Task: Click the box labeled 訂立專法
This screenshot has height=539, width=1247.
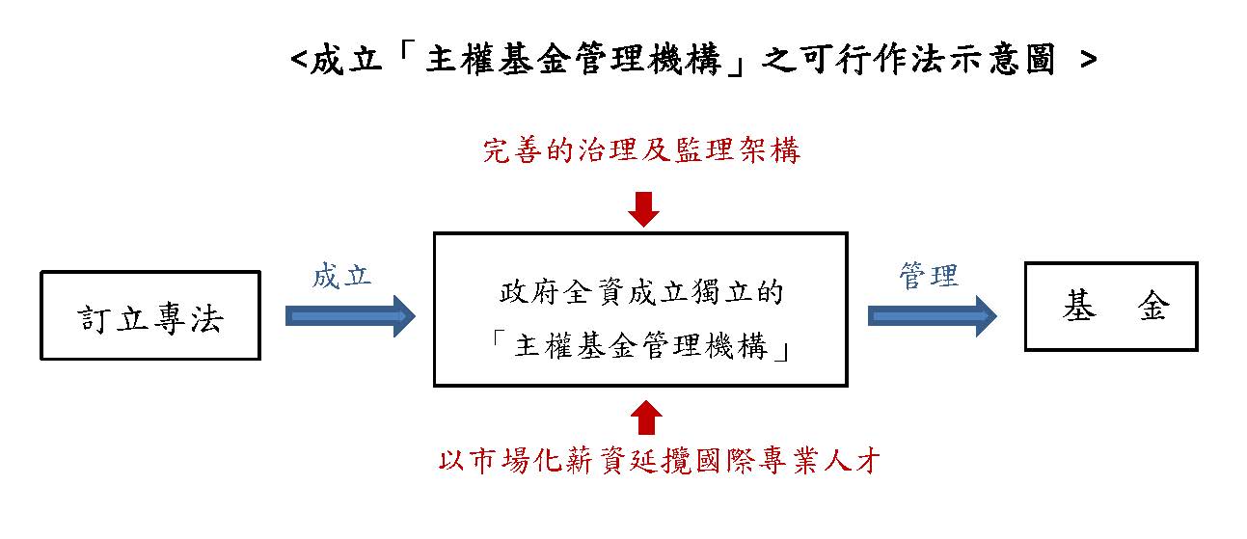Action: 150,315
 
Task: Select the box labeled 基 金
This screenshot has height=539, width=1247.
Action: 1110,307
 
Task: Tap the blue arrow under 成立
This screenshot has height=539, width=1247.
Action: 350,316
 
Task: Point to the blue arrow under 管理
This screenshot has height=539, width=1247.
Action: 933,315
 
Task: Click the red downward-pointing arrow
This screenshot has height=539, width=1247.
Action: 642,208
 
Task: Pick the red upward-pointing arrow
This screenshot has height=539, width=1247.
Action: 644,418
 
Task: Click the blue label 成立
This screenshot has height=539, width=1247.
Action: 342,276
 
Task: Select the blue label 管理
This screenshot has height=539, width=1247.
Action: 928,276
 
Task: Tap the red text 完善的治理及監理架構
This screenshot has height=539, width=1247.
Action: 641,150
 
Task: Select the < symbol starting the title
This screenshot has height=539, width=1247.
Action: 299,61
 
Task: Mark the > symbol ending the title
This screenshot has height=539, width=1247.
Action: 1088,61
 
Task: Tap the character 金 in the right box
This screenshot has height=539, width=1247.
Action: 1153,307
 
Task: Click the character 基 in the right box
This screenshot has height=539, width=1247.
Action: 1077,307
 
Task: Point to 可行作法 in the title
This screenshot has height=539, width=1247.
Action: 868,61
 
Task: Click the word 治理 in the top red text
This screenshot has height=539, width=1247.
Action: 600,150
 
